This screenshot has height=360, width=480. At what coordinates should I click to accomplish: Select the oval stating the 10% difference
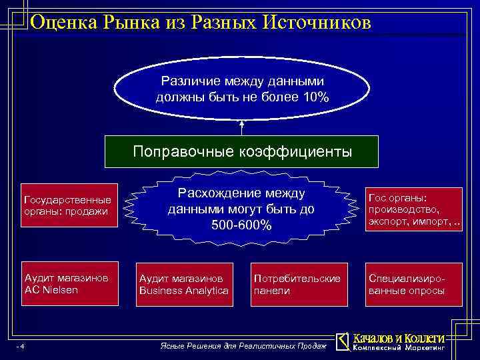point(241,89)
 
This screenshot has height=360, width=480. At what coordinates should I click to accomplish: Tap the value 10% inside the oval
point(315,97)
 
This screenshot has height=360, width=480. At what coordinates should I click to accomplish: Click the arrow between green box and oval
point(241,128)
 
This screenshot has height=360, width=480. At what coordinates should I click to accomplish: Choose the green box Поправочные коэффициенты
point(241,151)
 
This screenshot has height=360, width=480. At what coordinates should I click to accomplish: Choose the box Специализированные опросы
point(413,284)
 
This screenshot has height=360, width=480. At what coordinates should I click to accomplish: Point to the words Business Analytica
point(183,291)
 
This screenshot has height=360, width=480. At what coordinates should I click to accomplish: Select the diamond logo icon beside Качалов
point(342,341)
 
